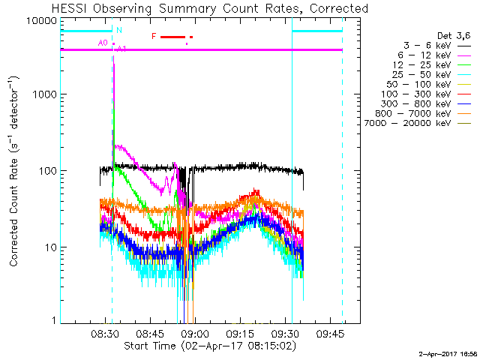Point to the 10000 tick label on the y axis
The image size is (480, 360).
coord(43,21)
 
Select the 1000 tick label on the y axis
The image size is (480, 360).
coord(46,95)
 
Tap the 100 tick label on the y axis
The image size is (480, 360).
coord(49,172)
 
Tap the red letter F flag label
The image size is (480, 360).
coord(154,36)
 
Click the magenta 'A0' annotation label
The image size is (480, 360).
coord(103,43)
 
